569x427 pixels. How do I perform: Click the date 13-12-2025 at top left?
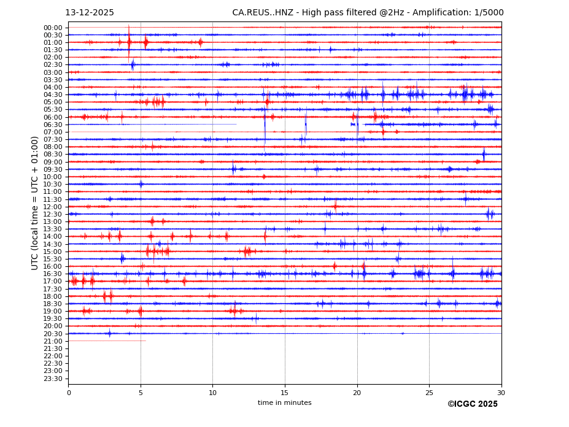click(x=90, y=13)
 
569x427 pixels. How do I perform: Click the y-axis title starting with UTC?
click(x=36, y=203)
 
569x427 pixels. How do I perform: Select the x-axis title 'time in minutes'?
click(x=284, y=403)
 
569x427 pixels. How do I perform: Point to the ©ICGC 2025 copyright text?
click(x=472, y=404)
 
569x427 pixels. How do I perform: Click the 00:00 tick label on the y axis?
click(x=53, y=28)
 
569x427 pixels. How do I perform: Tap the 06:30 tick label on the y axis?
click(x=53, y=125)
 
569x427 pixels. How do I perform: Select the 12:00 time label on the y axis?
click(x=53, y=207)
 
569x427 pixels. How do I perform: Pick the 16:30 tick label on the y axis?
click(x=53, y=274)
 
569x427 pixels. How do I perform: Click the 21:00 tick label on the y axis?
click(x=53, y=341)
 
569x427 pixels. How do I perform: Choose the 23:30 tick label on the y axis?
click(x=53, y=379)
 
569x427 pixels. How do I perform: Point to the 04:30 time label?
click(x=53, y=94)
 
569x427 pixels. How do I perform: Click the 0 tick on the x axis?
click(x=69, y=393)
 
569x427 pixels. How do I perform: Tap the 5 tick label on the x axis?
click(x=141, y=393)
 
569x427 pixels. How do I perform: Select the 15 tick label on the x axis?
click(x=285, y=393)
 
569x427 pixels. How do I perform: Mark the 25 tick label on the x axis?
click(x=429, y=393)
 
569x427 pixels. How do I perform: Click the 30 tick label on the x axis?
click(x=501, y=393)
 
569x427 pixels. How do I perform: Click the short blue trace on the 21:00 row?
click(x=107, y=341)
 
